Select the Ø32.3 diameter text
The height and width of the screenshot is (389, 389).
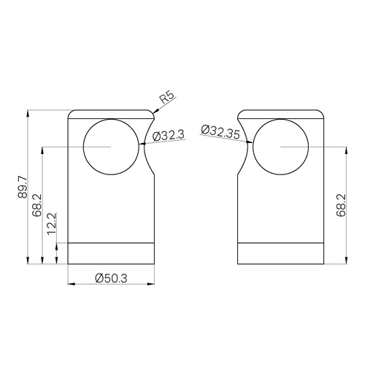coord(168,134)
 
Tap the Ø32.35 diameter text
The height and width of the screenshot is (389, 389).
coord(220,131)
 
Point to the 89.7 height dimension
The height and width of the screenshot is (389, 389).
coord(23,187)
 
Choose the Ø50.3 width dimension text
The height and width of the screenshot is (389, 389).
coord(111,278)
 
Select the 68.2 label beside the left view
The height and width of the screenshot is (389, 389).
coord(36,205)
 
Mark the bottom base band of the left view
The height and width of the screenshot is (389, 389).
coord(111,253)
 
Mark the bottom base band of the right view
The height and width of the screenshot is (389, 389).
coord(281,253)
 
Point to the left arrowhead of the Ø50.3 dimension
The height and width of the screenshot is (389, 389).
coord(70,284)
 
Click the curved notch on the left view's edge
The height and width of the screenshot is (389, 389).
coord(148,147)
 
